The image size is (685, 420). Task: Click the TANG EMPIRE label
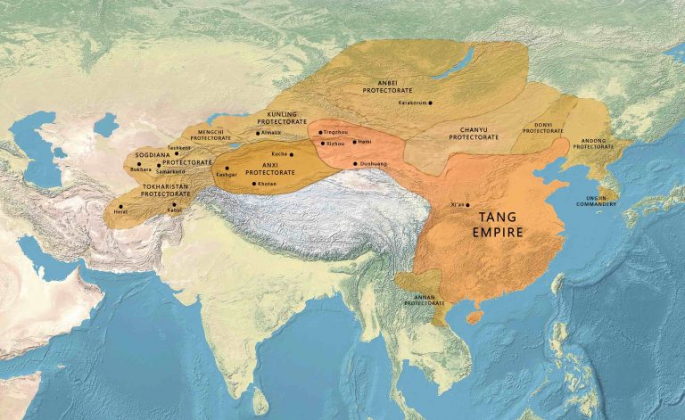[x=500, y=224]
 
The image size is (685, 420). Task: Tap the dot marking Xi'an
[x=468, y=205]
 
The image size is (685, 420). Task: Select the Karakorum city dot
[x=430, y=103]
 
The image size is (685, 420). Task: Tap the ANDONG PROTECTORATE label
[x=594, y=143]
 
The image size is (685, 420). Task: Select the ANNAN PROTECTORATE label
[x=424, y=301]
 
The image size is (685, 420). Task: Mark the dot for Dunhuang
[x=356, y=164]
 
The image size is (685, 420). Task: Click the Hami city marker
[x=354, y=142]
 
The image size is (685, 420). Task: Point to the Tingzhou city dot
[x=320, y=132]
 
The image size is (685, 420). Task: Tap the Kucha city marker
[x=291, y=154]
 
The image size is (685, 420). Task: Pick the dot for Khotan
[x=254, y=184]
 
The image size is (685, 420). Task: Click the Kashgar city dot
[x=227, y=168]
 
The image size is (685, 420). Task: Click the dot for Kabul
[x=174, y=203]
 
